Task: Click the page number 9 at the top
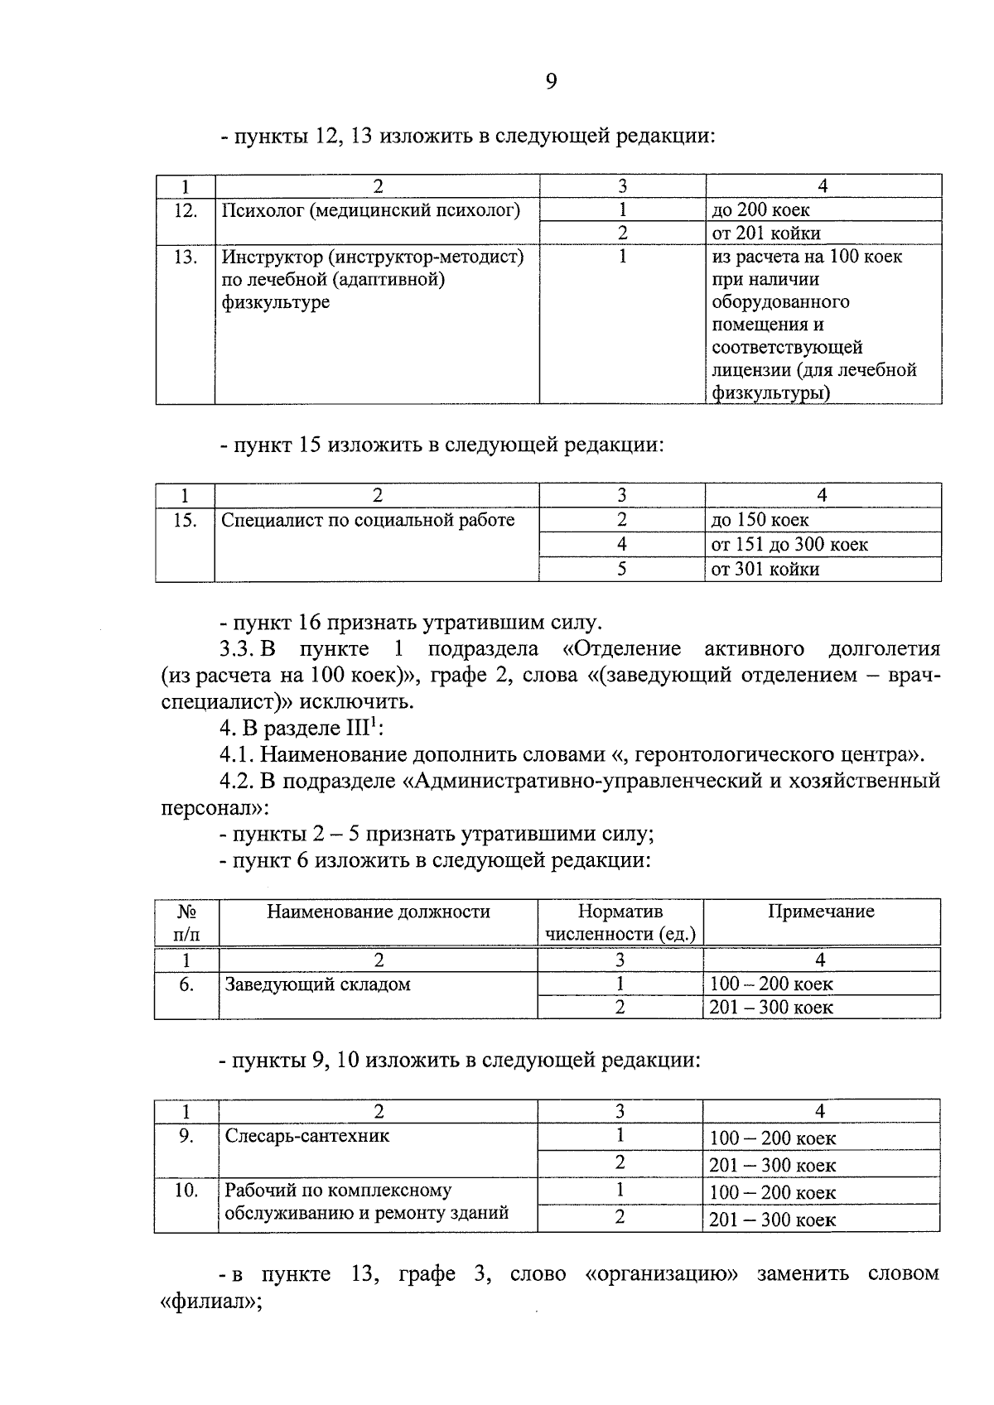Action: point(551,81)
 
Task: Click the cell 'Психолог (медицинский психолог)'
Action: point(371,210)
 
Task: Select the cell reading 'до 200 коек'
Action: point(760,210)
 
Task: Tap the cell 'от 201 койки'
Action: point(766,233)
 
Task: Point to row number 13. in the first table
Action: point(186,257)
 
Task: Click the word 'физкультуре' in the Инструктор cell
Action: point(276,302)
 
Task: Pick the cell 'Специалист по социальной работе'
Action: point(369,521)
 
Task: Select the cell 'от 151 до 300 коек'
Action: point(789,545)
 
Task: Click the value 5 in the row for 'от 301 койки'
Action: point(621,570)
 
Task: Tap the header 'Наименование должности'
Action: point(379,912)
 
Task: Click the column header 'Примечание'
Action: point(821,912)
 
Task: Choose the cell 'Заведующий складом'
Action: point(318,985)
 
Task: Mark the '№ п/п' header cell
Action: point(186,922)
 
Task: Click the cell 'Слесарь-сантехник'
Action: point(307,1136)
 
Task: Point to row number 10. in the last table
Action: point(186,1191)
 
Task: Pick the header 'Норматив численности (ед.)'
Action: point(620,922)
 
